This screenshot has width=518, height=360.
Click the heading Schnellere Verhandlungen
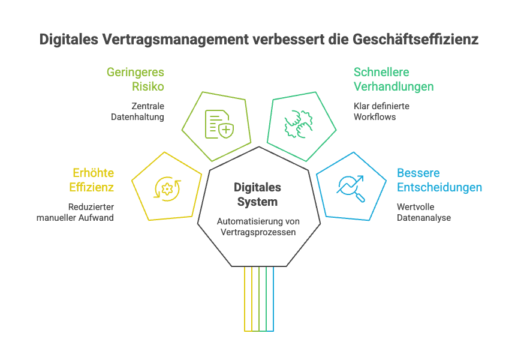pyautogui.click(x=393, y=79)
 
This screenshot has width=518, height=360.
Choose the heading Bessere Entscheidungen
pyautogui.click(x=439, y=180)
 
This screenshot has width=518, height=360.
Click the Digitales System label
pyautogui.click(x=257, y=194)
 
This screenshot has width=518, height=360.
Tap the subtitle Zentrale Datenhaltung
pyautogui.click(x=138, y=112)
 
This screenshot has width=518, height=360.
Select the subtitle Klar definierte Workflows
pyautogui.click(x=381, y=112)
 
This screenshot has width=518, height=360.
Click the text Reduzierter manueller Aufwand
pyautogui.click(x=75, y=212)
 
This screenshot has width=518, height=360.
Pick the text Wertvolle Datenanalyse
pyautogui.click(x=424, y=212)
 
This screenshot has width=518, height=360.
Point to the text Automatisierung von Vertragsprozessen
pyautogui.click(x=258, y=227)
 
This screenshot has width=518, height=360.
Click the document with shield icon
pyautogui.click(x=218, y=124)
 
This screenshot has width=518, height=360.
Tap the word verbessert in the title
pyautogui.click(x=277, y=40)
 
